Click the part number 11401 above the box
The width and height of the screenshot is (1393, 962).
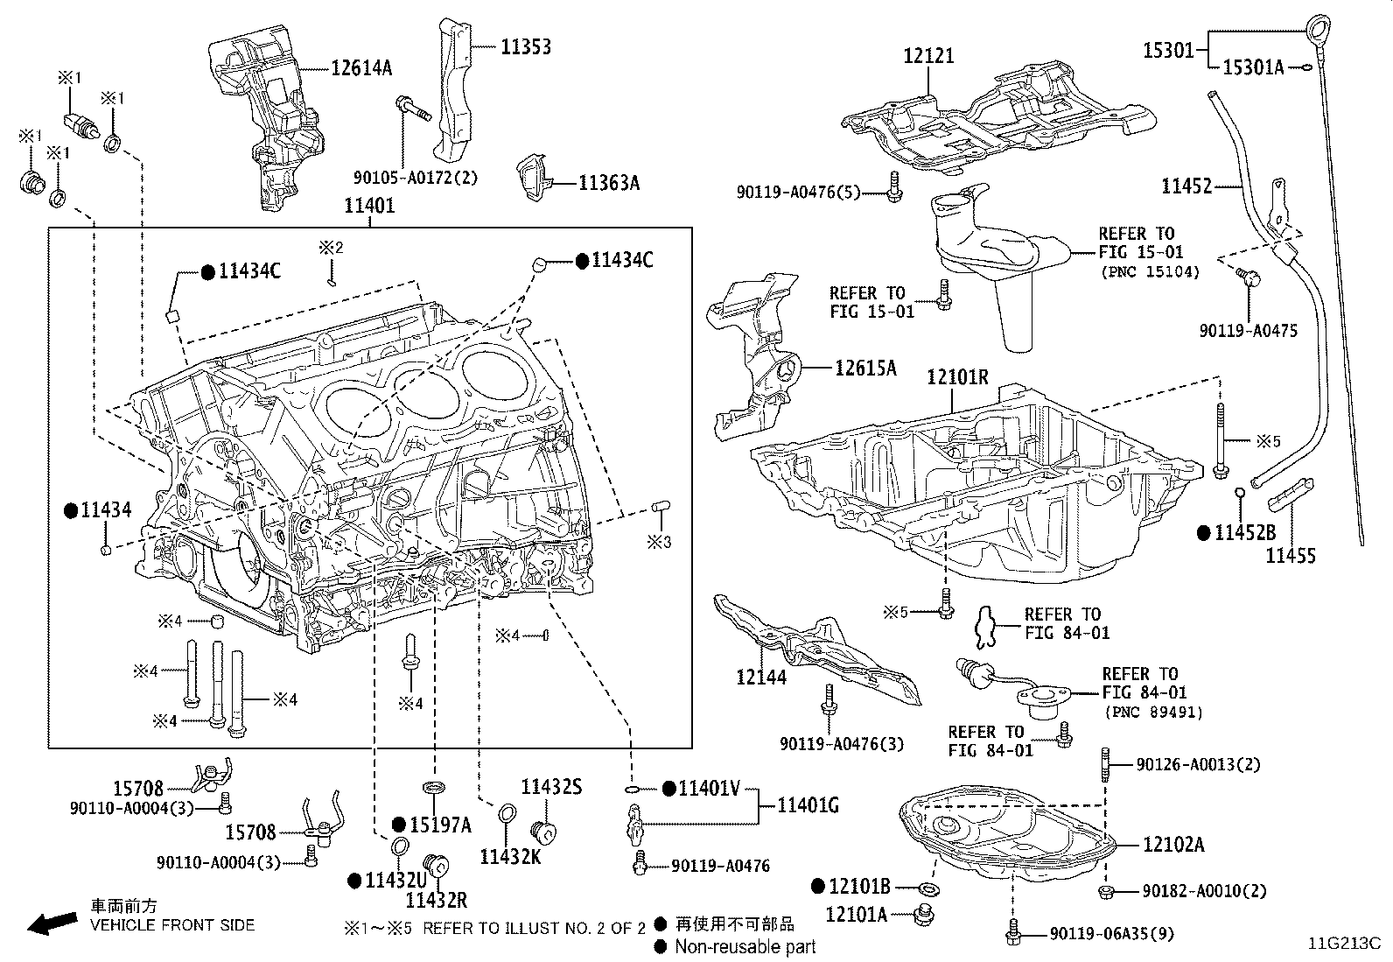tap(368, 207)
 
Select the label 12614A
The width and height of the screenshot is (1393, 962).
tap(361, 67)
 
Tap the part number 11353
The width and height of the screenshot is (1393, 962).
tap(525, 46)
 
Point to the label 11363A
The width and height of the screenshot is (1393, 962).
tap(608, 183)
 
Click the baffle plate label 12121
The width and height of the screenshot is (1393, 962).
tap(928, 56)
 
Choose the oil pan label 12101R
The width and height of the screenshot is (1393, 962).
tap(957, 377)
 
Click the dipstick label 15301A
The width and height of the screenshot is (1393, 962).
tap(1252, 67)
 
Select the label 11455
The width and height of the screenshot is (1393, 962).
tap(1291, 555)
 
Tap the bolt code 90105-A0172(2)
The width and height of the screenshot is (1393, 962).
tap(416, 178)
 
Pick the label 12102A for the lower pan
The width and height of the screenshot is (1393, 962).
tap(1173, 845)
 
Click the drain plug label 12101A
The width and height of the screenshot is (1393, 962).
tap(856, 915)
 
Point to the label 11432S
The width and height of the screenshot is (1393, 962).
tap(551, 787)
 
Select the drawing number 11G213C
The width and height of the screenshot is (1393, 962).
tap(1344, 944)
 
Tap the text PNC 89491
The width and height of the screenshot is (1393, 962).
tap(1153, 713)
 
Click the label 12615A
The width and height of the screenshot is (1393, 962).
tap(864, 368)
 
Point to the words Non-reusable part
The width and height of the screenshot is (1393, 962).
tap(745, 946)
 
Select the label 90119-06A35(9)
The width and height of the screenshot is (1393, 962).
tap(1111, 935)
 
